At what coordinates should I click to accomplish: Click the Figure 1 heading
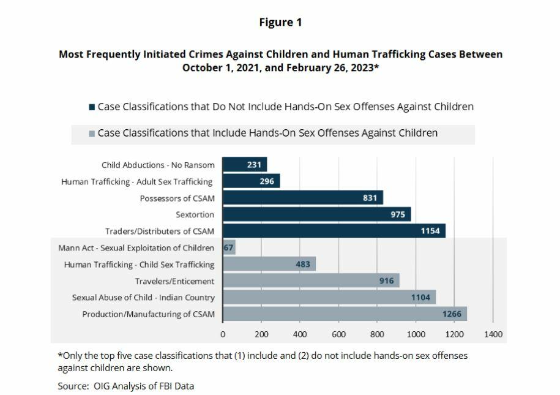[x=280, y=23]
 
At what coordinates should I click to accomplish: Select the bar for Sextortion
[x=316, y=214]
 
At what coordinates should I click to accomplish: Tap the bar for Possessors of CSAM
[x=302, y=198]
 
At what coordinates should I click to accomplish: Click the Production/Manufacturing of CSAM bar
[x=345, y=314]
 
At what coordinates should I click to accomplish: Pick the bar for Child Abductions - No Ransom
[x=244, y=165]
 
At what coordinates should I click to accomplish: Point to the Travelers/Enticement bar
[x=311, y=281]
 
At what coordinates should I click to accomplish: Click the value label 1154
[x=430, y=231]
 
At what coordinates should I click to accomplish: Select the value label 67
[x=229, y=248]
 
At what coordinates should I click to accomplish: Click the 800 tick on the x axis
[x=377, y=334]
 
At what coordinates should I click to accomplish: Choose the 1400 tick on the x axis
[x=493, y=334]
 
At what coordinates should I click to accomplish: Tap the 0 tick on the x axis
[x=223, y=334]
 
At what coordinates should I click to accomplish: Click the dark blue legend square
[x=92, y=107]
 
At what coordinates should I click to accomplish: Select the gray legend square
[x=92, y=134]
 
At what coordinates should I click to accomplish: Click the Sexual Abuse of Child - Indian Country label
[x=143, y=298]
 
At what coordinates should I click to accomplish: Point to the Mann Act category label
[x=136, y=248]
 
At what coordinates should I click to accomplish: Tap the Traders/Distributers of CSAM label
[x=160, y=231]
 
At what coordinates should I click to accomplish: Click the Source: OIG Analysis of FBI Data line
[x=125, y=386]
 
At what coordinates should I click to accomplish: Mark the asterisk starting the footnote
[x=60, y=355]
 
